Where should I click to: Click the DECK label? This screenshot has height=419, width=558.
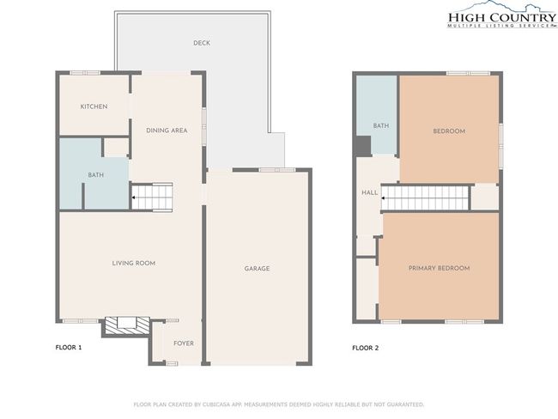[202, 43]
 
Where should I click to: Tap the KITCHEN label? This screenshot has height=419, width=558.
[94, 106]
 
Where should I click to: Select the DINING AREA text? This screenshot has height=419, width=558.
[167, 131]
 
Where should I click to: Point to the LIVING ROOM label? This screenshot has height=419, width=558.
[133, 263]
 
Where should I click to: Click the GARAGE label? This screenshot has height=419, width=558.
[257, 269]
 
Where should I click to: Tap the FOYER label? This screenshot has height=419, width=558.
[184, 343]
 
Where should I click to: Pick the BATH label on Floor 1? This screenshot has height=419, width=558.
[96, 175]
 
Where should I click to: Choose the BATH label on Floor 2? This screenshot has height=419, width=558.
[381, 125]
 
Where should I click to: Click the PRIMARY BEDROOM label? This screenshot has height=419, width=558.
[439, 268]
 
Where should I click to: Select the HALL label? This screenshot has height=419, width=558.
[370, 192]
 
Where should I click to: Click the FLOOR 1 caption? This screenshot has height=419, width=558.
[69, 348]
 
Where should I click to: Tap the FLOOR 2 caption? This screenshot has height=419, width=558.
[366, 348]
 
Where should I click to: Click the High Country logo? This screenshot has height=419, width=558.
[502, 15]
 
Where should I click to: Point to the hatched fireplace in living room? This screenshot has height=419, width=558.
[125, 325]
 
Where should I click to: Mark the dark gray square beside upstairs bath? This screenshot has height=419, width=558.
[362, 146]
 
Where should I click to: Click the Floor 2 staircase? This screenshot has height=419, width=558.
[425, 198]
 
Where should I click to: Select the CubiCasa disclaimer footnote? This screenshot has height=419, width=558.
[279, 404]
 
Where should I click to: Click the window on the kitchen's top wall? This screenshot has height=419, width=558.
[85, 73]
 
